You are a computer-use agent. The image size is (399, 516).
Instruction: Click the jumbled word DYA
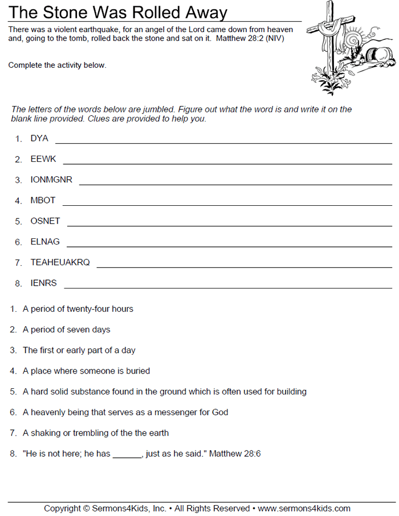(39, 139)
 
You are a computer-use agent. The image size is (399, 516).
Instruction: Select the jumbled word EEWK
(43, 159)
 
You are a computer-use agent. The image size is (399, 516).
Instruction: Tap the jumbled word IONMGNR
(51, 180)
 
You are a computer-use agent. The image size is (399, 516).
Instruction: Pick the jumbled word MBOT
(43, 201)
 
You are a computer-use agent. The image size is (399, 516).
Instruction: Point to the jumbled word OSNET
(45, 221)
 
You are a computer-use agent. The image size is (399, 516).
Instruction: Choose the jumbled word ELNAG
(45, 242)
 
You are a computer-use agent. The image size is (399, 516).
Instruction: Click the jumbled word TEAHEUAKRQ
(60, 262)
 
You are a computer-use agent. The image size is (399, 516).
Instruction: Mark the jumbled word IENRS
(43, 283)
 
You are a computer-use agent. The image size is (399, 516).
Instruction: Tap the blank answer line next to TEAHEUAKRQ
(245, 266)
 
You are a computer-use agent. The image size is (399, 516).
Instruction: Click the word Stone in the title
(66, 13)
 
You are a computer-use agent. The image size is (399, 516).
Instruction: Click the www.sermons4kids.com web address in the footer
(304, 509)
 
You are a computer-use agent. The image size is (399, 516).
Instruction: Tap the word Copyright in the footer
(62, 509)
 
